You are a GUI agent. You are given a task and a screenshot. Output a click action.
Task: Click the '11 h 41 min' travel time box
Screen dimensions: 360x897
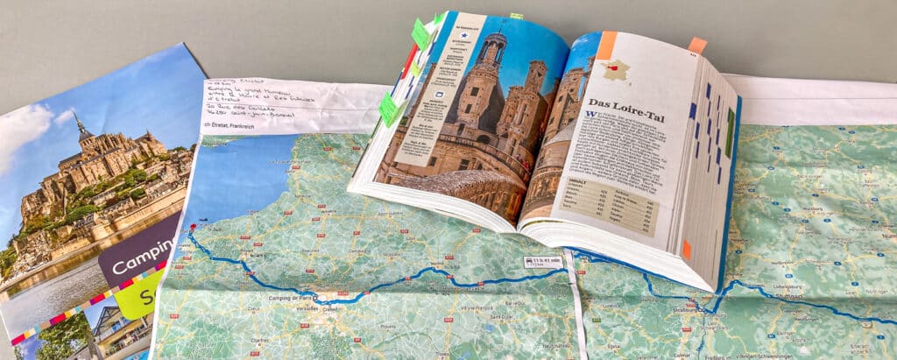tap(544, 261)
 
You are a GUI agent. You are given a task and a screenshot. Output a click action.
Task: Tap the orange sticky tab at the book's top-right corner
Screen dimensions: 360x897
tap(697, 45)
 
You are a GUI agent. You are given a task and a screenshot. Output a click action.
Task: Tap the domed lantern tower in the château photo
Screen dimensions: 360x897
tap(491, 48)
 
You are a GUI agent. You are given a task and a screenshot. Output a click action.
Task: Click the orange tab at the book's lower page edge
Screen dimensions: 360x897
tap(687, 250)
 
